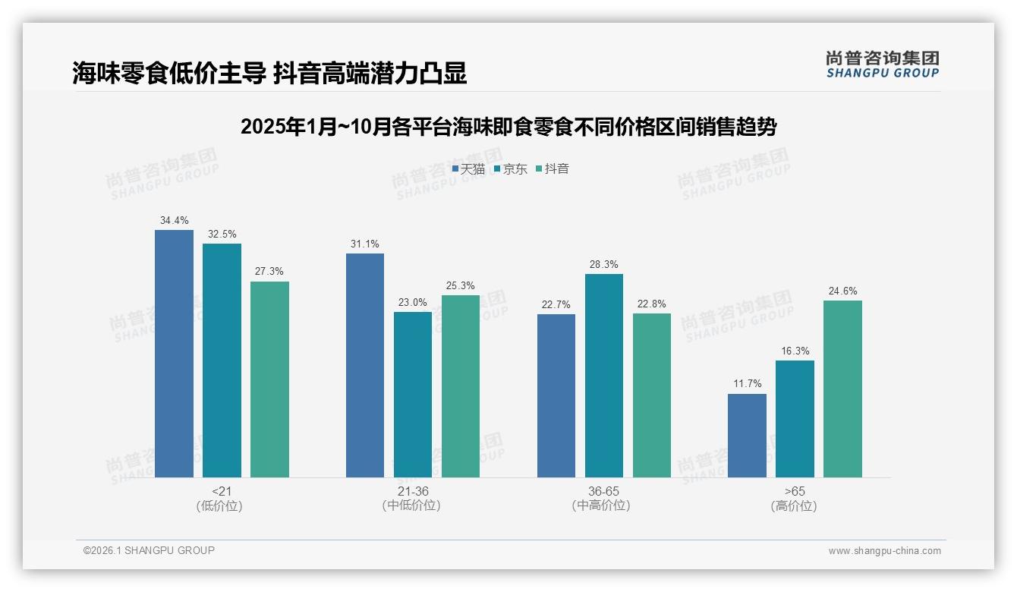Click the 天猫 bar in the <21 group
(x=174, y=354)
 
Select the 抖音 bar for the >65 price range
(x=842, y=389)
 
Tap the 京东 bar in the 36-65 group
(x=603, y=376)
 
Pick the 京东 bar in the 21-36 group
(x=412, y=395)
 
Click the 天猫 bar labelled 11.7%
(x=747, y=436)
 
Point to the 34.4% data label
(x=174, y=221)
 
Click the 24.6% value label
(x=842, y=291)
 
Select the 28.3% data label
(x=603, y=265)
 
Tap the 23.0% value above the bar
(x=412, y=303)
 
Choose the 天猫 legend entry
(x=468, y=169)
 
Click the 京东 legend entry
(x=511, y=169)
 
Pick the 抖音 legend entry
(x=553, y=169)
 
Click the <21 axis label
(x=222, y=492)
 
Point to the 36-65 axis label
(x=603, y=492)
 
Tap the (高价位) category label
(x=794, y=506)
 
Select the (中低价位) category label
(x=411, y=506)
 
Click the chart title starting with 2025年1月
(x=508, y=127)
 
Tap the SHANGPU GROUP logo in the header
(x=882, y=65)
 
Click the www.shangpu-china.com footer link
(x=884, y=551)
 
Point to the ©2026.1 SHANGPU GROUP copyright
(x=149, y=550)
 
